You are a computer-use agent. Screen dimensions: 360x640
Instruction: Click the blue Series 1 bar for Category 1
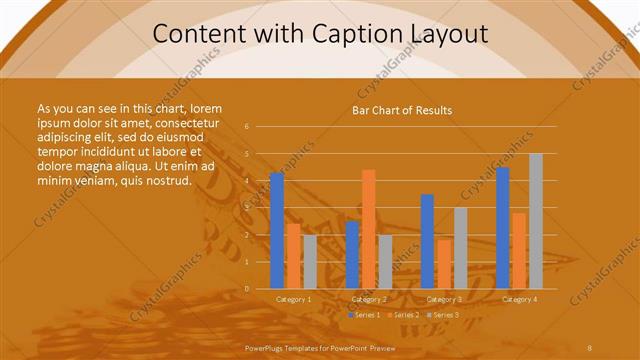pyautogui.click(x=277, y=231)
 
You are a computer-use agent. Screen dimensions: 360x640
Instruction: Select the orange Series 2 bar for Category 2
pyautogui.click(x=369, y=229)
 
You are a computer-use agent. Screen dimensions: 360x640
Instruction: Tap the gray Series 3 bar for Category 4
pyautogui.click(x=536, y=221)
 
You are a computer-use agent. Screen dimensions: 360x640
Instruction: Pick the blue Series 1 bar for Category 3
pyautogui.click(x=427, y=241)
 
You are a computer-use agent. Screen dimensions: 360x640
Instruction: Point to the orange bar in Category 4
pyautogui.click(x=519, y=250)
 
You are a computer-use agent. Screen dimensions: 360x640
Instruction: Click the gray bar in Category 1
pyautogui.click(x=310, y=262)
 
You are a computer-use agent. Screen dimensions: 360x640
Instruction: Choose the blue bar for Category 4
pyautogui.click(x=502, y=228)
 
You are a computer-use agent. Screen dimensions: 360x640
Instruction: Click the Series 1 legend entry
pyautogui.click(x=365, y=315)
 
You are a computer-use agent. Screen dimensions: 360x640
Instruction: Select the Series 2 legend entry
pyautogui.click(x=402, y=315)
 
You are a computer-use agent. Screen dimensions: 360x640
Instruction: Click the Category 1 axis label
pyautogui.click(x=294, y=299)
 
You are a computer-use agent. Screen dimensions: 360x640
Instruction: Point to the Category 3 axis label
pyautogui.click(x=444, y=299)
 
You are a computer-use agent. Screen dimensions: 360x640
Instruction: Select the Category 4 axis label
pyautogui.click(x=519, y=299)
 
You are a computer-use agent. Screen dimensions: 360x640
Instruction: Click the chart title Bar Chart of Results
pyautogui.click(x=402, y=110)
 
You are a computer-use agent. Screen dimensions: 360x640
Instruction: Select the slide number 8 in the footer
pyautogui.click(x=589, y=347)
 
